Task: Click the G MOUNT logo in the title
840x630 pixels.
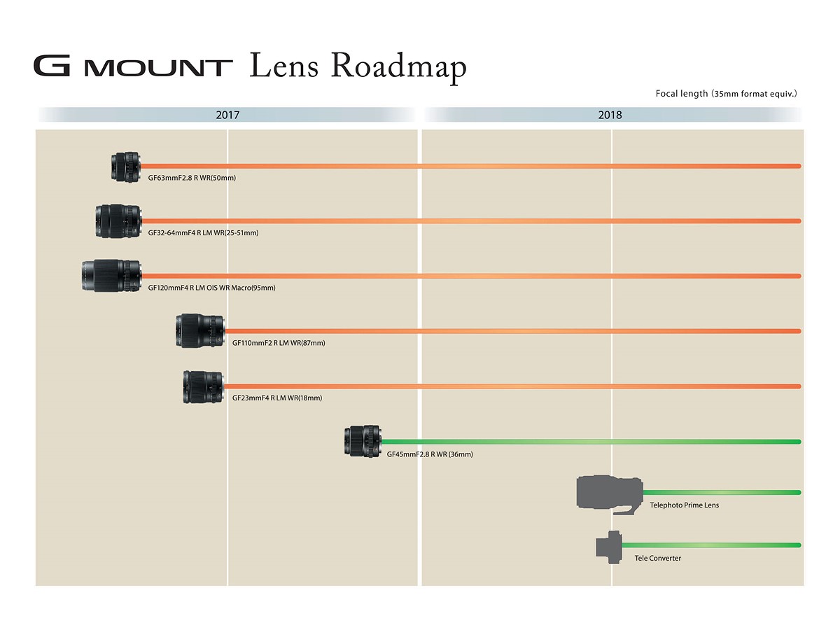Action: [133, 66]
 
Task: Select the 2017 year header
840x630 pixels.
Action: [227, 115]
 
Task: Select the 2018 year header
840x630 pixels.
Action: [610, 115]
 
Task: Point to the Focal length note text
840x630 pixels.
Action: [727, 93]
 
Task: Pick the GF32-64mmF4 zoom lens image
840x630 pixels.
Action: [118, 221]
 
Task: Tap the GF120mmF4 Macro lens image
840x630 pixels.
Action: [111, 276]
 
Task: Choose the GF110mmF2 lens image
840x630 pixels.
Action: [200, 331]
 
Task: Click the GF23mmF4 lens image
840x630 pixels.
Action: [204, 387]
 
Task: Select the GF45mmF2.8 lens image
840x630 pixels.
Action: [363, 441]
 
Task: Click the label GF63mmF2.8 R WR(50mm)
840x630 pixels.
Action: [192, 178]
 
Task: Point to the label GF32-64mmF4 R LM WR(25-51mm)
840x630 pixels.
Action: [203, 233]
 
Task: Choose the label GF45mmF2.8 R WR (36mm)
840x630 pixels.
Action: [430, 454]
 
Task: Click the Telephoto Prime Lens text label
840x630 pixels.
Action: [684, 505]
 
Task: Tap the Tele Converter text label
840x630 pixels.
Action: [657, 558]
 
